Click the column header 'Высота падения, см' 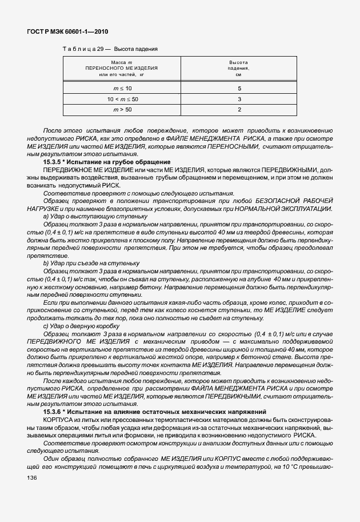239,68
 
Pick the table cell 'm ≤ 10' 122,89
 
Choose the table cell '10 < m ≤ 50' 122,99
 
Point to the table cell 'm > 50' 122,109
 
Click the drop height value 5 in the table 239,89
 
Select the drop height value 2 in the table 239,109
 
